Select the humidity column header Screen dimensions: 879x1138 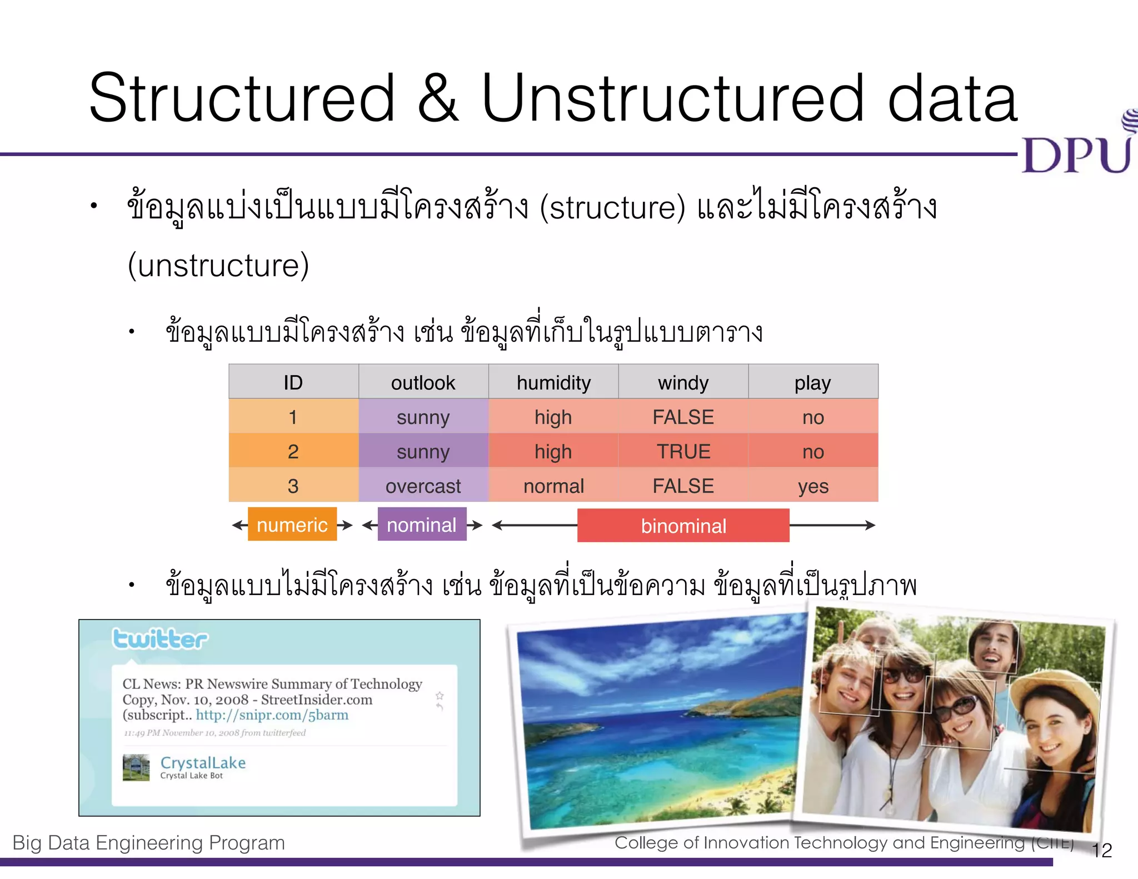coord(553,383)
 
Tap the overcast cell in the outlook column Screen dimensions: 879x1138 coord(423,486)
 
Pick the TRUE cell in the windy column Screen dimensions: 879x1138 coord(683,452)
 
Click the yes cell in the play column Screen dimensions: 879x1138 coord(813,486)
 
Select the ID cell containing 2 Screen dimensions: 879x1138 coord(293,452)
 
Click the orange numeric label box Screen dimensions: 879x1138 coord(292,525)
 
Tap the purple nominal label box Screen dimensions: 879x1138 coord(422,525)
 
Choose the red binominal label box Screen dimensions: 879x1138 coord(683,526)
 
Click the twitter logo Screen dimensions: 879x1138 coord(160,639)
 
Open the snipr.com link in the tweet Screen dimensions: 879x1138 coord(272,715)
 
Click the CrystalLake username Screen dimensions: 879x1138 coord(203,763)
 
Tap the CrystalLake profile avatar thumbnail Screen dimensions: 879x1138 coord(136,767)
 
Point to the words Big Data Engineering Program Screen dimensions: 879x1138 coord(149,843)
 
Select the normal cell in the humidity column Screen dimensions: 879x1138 coord(553,486)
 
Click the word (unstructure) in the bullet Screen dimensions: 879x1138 coord(218,266)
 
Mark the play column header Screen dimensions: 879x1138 coord(813,383)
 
